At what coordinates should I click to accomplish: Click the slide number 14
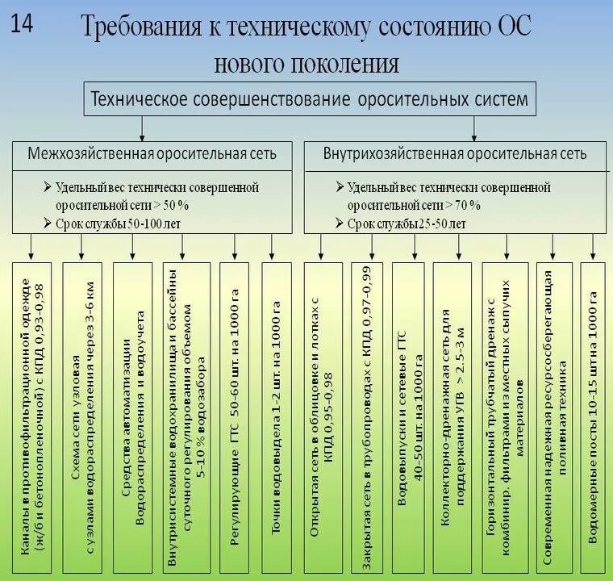pyautogui.click(x=23, y=23)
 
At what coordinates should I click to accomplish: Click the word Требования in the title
pyautogui.click(x=141, y=29)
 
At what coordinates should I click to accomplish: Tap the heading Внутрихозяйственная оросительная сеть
pyautogui.click(x=455, y=153)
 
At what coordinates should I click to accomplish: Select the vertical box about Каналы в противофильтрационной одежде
pyautogui.click(x=31, y=416)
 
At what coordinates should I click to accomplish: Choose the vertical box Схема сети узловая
pyautogui.click(x=82, y=416)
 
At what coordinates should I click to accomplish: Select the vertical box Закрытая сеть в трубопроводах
pyautogui.click(x=367, y=416)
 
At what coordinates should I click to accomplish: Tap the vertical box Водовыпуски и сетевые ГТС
pyautogui.click(x=410, y=416)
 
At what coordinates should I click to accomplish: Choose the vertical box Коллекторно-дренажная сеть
pyautogui.click(x=452, y=416)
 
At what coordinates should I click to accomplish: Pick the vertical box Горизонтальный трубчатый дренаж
pyautogui.click(x=503, y=416)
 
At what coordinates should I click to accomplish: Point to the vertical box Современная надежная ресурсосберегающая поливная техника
pyautogui.click(x=553, y=416)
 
